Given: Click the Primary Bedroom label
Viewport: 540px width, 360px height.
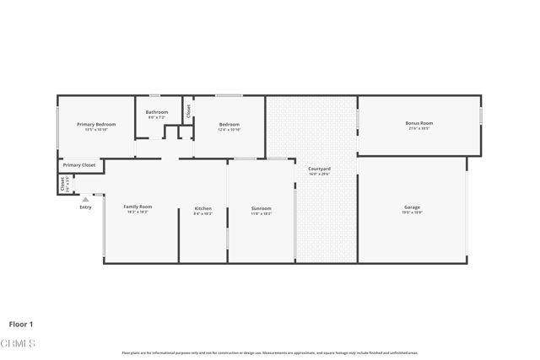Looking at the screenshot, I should click(96, 125).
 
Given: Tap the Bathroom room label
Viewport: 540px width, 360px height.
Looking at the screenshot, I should click(157, 112).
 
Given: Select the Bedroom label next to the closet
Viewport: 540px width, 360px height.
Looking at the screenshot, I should click(229, 125).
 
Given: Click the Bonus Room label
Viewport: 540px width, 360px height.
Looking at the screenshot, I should click(418, 123).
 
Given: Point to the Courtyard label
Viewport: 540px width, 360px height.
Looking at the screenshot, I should click(318, 169).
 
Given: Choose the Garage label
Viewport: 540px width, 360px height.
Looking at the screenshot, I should click(412, 207).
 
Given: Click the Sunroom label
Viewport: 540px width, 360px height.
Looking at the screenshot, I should click(261, 208).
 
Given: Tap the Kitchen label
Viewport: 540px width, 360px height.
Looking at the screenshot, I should click(202, 208).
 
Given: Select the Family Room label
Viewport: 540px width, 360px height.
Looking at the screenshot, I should click(138, 207).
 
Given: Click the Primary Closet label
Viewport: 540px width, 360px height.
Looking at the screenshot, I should click(78, 165).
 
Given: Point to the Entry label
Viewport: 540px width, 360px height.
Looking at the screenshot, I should click(85, 207).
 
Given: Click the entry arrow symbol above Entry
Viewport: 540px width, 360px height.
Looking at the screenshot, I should click(84, 199).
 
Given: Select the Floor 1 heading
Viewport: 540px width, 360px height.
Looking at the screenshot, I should click(21, 324).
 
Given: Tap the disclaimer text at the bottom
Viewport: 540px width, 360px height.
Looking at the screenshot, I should click(269, 352).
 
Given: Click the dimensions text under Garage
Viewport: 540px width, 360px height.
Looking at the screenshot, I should click(412, 213).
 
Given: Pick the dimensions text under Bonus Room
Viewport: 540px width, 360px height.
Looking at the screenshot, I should click(418, 129).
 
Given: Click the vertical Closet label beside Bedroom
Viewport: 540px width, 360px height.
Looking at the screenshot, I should click(189, 109).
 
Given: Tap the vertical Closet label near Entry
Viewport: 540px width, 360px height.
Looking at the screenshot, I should click(62, 183).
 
